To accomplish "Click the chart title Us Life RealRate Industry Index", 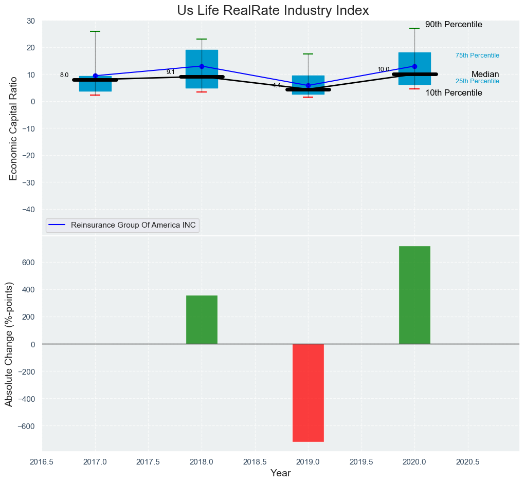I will pos(273,10).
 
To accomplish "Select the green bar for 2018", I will pos(202,320).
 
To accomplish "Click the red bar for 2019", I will pos(308,393).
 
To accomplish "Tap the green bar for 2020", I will pos(414,295).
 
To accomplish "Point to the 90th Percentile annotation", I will pos(454,25).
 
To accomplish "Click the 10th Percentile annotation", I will pos(454,93).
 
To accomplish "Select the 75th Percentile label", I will pos(477,55).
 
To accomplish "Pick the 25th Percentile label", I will pos(477,81).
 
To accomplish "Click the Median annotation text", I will pos(485,75).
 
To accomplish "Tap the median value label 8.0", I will pos(64,75).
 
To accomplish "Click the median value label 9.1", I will pos(171,72).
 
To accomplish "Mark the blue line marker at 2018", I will pos(202,66).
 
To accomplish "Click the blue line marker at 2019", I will pos(308,85).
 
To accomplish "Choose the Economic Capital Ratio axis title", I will pos(13,128).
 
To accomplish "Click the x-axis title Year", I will pos(280,473).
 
